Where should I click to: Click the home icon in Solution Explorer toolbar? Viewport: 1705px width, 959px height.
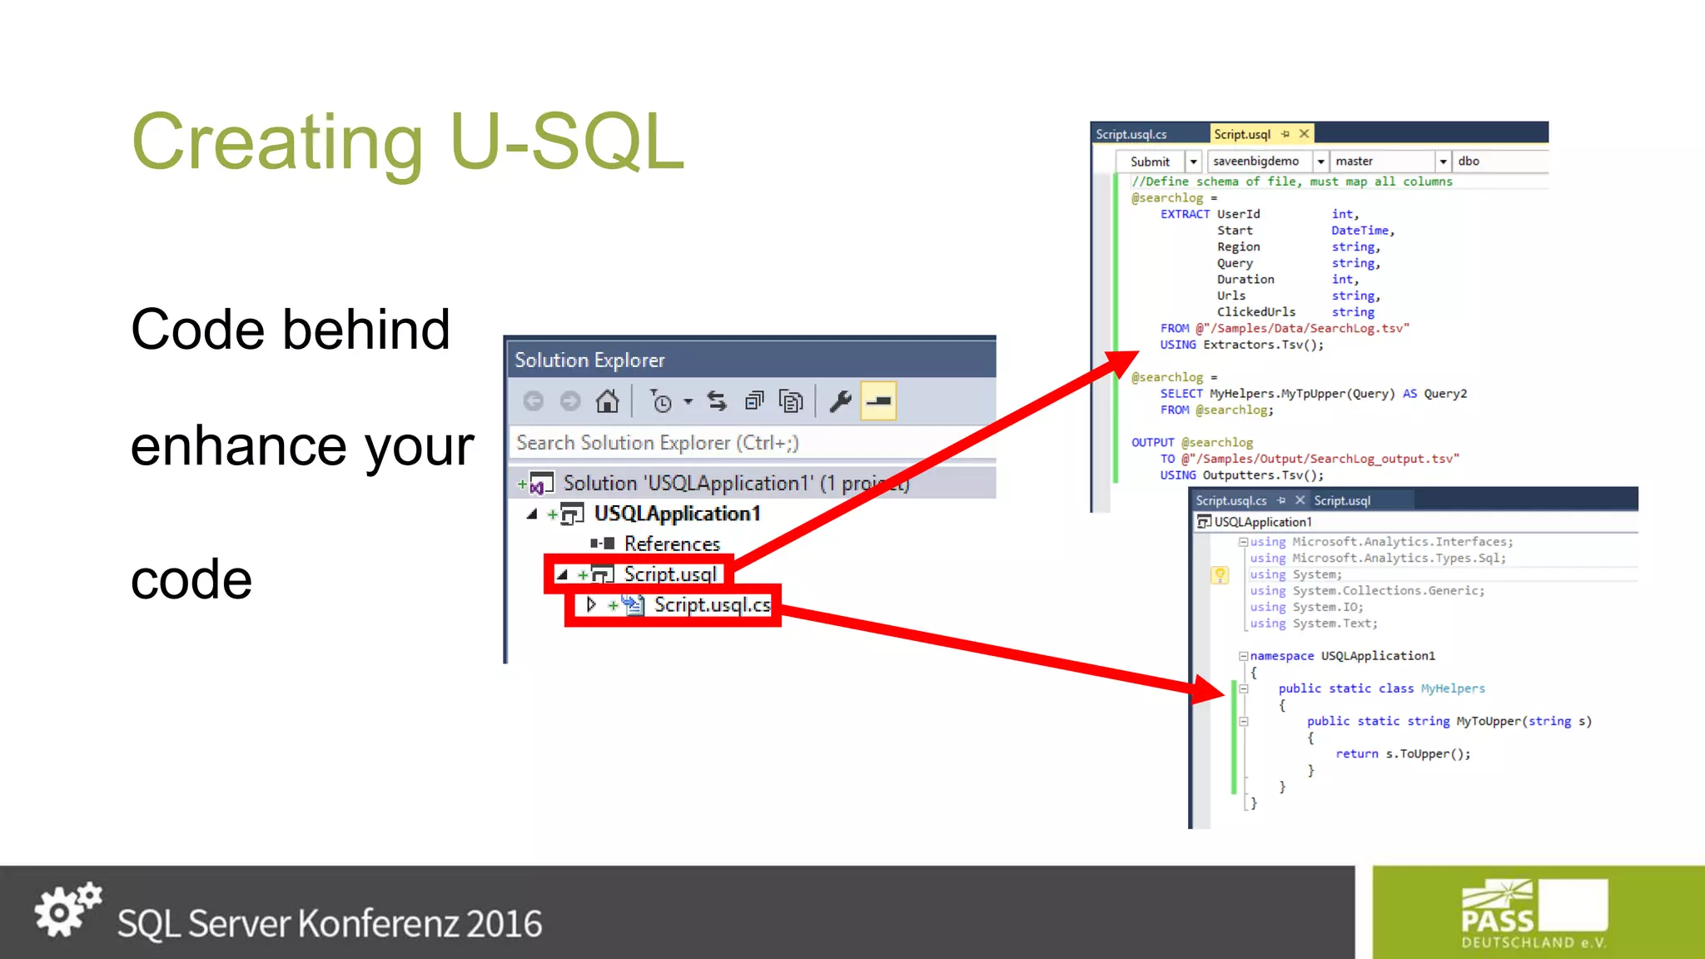[x=607, y=402]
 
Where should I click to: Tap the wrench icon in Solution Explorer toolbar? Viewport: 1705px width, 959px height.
[x=840, y=402]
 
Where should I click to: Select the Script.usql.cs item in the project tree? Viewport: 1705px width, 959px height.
[x=712, y=605]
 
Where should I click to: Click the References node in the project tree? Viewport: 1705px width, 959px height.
[x=672, y=544]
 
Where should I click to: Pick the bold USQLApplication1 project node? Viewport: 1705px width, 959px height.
[x=677, y=514]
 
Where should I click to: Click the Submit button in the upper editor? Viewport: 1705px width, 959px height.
[x=1150, y=161]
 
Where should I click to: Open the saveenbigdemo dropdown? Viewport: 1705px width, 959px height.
[x=1320, y=161]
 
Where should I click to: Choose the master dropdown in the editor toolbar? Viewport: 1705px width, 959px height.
[x=1443, y=161]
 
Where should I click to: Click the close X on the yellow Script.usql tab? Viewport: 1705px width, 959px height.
[x=1305, y=134]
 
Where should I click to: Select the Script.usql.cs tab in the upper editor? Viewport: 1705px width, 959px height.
[x=1131, y=134]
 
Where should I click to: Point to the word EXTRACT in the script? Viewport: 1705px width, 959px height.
[x=1185, y=214]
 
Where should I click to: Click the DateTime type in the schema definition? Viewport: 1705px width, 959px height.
[x=1360, y=231]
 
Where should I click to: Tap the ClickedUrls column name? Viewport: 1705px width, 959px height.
[x=1256, y=312]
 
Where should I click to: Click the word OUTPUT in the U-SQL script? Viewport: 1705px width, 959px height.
[x=1152, y=443]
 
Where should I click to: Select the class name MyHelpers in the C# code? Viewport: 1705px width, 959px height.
[x=1453, y=688]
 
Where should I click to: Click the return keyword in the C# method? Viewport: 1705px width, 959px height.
[x=1357, y=754]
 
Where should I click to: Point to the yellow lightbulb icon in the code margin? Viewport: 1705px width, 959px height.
[x=1220, y=574]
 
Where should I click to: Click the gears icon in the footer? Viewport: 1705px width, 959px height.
[x=67, y=909]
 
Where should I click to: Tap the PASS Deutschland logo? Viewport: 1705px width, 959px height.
[x=1534, y=914]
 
